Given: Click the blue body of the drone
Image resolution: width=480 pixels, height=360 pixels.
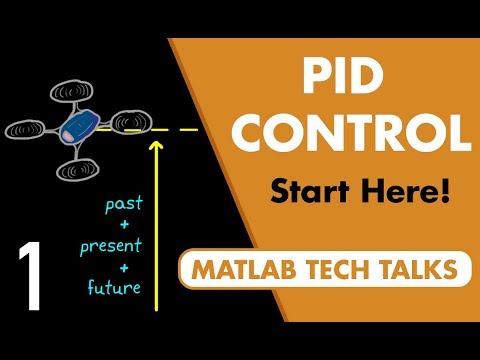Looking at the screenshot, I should (77, 124).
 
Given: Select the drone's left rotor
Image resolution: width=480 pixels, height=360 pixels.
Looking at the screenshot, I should (27, 129).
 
